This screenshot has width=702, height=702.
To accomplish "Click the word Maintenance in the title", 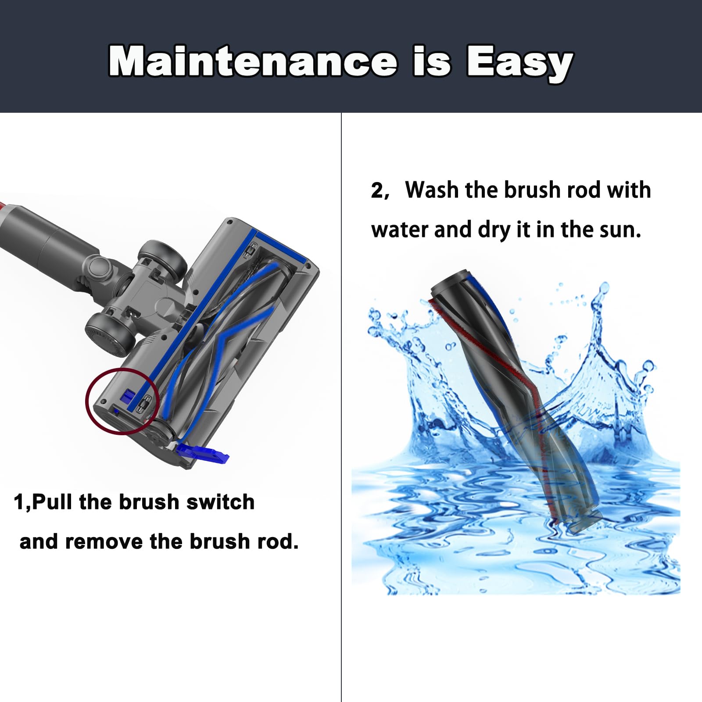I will (252, 61).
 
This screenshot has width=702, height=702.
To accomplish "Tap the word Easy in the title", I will (519, 62).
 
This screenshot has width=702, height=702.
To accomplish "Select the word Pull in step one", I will (52, 502).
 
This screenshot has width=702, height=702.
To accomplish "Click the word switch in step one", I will (220, 502).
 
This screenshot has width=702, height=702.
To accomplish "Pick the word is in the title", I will (432, 61).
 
